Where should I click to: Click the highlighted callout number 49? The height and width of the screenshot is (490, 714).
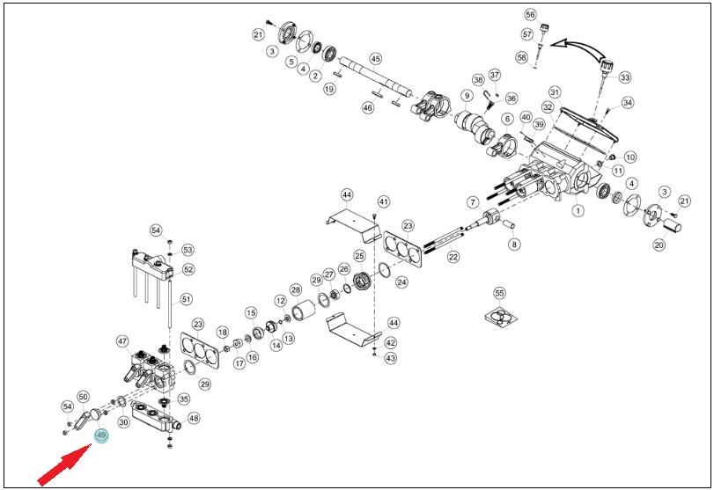point(101,435)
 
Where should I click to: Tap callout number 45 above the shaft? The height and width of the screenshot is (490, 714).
point(375,59)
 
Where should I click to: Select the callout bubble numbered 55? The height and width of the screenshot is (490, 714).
point(499,293)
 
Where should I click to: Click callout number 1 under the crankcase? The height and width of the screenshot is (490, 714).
point(578,210)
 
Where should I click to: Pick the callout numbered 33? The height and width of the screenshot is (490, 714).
point(625,77)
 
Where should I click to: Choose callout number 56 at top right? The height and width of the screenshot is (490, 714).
point(531,15)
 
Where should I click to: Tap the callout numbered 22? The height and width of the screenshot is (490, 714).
point(453,257)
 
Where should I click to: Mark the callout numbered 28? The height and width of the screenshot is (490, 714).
point(296,290)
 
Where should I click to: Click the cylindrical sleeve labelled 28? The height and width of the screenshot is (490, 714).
point(302,311)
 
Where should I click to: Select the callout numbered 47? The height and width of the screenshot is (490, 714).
point(122,341)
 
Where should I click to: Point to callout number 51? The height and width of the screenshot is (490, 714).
point(187,299)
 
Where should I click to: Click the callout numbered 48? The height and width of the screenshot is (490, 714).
point(194,418)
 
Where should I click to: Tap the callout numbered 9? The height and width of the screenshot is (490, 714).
point(467,96)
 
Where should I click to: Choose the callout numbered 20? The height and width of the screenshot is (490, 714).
point(659,245)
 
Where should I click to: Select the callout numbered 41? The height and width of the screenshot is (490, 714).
point(384,201)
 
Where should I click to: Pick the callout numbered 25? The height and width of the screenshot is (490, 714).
point(359,256)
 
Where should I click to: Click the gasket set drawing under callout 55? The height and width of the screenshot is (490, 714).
point(500,316)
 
